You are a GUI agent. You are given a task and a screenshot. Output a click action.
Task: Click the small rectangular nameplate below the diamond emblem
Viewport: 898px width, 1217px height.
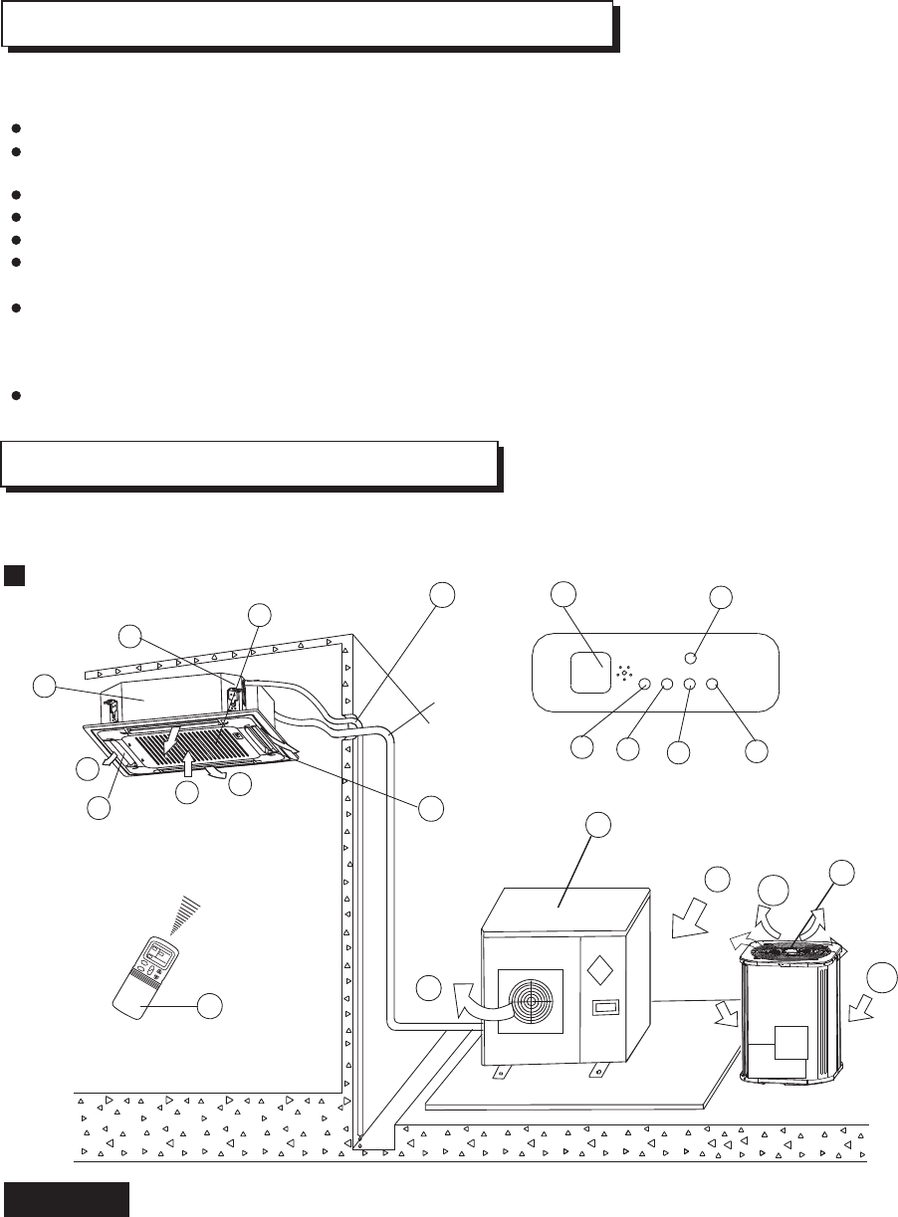[606, 1008]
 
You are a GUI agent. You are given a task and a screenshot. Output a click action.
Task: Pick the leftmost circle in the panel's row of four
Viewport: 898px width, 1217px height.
[644, 684]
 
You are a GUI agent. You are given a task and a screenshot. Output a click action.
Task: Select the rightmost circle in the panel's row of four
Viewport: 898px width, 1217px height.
[713, 684]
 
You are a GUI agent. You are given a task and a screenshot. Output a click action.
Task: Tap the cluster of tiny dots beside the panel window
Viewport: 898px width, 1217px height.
[625, 674]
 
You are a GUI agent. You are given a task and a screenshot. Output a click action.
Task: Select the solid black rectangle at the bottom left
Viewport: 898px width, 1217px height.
[66, 1200]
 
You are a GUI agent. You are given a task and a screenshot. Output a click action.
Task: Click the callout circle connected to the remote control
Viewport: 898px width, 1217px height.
[209, 1006]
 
